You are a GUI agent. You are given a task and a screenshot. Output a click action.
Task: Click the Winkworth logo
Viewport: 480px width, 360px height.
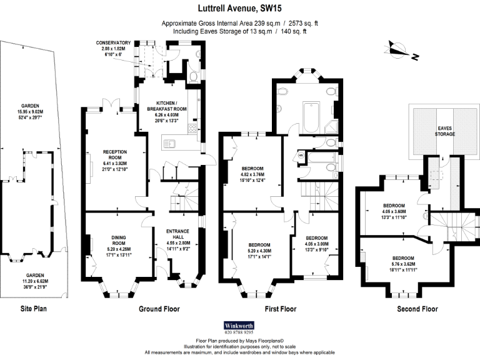point(239,325)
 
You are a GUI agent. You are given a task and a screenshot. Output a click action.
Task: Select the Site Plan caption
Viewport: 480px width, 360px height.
point(34,308)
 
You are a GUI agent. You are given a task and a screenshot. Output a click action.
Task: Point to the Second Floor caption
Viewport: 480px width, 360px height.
point(417,309)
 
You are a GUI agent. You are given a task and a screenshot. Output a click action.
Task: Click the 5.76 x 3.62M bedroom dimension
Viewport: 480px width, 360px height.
point(402,264)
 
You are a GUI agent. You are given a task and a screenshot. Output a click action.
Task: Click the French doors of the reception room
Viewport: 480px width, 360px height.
point(111,102)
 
